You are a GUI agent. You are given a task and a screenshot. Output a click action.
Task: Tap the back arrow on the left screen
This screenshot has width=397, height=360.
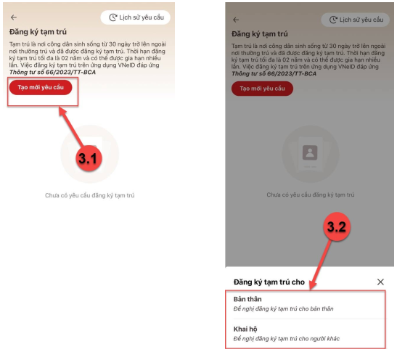click(14, 17)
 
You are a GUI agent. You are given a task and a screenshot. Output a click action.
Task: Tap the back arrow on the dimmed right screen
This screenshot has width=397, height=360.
click(236, 20)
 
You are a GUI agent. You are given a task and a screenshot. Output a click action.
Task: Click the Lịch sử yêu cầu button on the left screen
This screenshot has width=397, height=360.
click(136, 17)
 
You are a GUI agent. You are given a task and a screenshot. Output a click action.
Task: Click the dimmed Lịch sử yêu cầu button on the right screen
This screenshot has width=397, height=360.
click(355, 20)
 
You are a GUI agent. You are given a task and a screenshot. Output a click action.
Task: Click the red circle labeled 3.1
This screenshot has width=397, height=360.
click(89, 158)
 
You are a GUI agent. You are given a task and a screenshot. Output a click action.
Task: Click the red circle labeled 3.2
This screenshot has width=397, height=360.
click(337, 226)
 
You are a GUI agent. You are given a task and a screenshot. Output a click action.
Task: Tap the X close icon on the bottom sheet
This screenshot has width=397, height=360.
click(380, 282)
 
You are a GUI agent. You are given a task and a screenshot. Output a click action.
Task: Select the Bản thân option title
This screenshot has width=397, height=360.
click(247, 299)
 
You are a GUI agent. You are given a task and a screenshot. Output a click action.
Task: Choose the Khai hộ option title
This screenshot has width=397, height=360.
click(245, 329)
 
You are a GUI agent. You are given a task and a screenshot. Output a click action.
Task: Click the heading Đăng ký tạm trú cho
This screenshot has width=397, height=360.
click(269, 282)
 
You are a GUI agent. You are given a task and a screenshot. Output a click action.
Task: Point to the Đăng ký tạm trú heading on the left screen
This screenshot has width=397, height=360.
click(38, 32)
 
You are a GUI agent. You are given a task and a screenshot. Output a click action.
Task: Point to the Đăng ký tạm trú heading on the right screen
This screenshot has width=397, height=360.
click(260, 34)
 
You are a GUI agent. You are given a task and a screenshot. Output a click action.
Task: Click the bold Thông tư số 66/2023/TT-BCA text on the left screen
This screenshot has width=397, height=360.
click(52, 72)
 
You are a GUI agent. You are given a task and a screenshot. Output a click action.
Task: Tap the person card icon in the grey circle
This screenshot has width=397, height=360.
click(310, 153)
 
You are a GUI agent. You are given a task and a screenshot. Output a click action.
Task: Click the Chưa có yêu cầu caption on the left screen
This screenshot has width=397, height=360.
click(89, 195)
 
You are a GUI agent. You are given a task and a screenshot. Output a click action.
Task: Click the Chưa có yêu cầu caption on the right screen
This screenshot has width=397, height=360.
click(311, 195)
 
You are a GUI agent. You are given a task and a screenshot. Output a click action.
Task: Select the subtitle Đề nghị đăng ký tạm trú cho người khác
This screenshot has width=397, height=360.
click(287, 339)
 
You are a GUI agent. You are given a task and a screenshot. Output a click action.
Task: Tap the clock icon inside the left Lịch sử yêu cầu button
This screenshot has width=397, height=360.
click(112, 17)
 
